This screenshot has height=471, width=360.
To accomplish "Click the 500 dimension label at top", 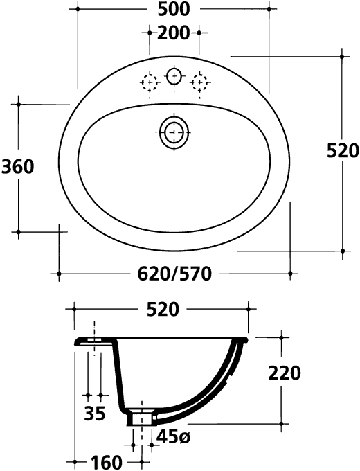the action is (x=174, y=9).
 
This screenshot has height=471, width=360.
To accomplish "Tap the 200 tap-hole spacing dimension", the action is (x=174, y=33).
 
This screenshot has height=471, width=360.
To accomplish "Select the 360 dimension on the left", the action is (x=18, y=167).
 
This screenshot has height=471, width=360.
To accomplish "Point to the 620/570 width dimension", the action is (x=174, y=274).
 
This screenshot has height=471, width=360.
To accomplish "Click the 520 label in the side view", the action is (x=163, y=310).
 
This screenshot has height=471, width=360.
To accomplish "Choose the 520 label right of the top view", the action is (x=343, y=151).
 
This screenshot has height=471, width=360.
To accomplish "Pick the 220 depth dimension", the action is (x=284, y=373).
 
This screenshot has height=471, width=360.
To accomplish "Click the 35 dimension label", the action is (x=95, y=414).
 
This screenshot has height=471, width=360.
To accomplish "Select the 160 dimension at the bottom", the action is (x=107, y=463).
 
